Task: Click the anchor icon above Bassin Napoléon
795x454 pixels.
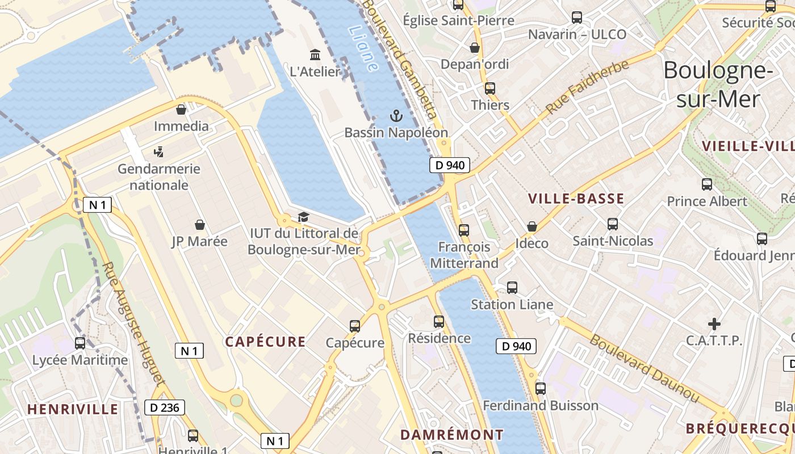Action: [396, 116]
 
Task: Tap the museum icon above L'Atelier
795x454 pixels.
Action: [315, 54]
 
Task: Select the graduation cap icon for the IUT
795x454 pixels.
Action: [303, 217]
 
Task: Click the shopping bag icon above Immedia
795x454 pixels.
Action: [181, 110]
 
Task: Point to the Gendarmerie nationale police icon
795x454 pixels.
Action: [159, 152]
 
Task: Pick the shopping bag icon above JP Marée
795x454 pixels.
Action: [199, 225]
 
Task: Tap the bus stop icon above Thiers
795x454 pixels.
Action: [489, 89]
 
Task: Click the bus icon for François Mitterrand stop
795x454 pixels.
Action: [464, 230]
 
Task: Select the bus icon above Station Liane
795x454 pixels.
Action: [512, 288]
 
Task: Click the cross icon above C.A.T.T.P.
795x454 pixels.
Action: [714, 324]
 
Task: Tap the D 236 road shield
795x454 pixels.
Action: [165, 407]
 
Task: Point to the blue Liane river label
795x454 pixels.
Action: [363, 48]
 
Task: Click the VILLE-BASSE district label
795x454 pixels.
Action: [576, 199]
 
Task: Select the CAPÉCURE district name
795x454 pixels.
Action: [265, 342]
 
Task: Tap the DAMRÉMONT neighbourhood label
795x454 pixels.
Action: [452, 435]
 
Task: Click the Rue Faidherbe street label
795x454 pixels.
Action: [588, 86]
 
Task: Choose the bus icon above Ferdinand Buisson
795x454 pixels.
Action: [540, 389]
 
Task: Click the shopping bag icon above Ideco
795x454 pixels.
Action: [532, 226]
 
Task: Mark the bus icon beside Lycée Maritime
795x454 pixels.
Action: [80, 343]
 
